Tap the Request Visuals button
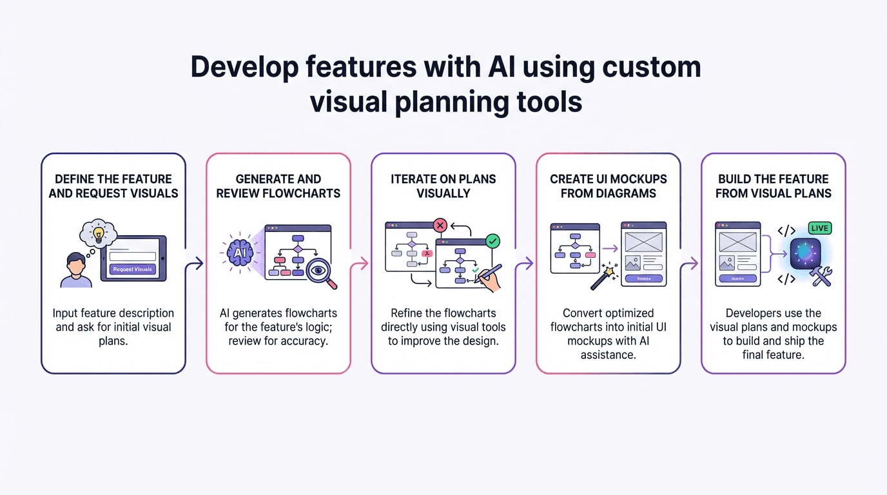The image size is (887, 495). click(132, 269)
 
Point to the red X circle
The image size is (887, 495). click(440, 225)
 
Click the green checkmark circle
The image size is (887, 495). click(492, 242)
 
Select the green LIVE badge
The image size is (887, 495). click(819, 228)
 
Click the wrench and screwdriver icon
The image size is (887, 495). click(821, 276)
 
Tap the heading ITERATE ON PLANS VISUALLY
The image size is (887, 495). click(443, 186)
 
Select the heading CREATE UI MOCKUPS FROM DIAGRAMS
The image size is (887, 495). click(608, 186)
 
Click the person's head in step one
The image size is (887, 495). click(76, 263)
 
